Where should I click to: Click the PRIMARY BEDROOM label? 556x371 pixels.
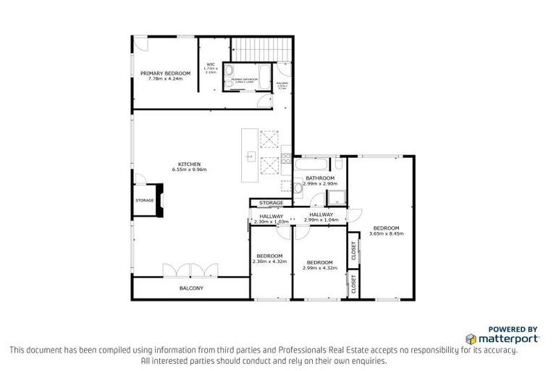[165, 73]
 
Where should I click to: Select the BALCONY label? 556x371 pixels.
[191, 288]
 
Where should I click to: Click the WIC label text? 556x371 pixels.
[211, 64]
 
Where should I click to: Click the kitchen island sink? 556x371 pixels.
[250, 154]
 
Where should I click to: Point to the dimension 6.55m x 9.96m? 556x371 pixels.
[190, 170]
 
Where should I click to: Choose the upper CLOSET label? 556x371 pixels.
[353, 250]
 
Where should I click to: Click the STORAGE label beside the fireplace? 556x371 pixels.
[143, 201]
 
